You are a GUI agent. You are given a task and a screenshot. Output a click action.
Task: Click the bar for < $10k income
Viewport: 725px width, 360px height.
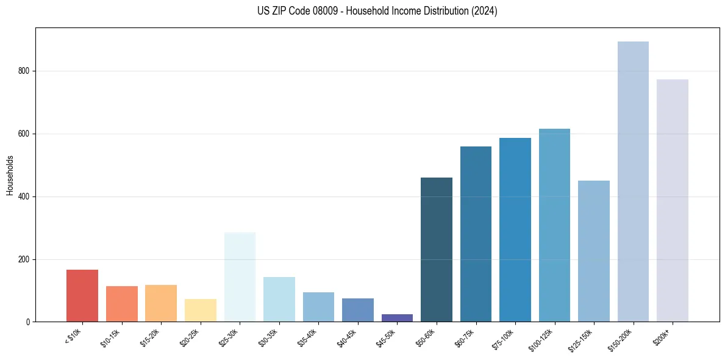tap(82, 296)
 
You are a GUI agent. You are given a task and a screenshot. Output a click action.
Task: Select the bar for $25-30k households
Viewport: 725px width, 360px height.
tap(240, 277)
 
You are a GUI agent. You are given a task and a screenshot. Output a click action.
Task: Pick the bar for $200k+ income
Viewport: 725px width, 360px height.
tap(672, 201)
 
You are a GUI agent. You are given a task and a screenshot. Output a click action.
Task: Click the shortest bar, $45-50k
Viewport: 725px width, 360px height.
tap(397, 318)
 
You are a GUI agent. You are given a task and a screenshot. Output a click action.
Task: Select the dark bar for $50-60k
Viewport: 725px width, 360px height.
tap(437, 250)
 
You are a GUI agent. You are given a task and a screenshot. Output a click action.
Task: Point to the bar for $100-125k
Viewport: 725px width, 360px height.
tap(554, 225)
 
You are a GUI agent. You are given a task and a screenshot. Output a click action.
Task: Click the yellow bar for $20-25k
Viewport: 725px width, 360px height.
tap(201, 311)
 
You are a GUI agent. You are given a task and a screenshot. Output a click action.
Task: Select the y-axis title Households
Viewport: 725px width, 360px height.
tap(10, 175)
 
